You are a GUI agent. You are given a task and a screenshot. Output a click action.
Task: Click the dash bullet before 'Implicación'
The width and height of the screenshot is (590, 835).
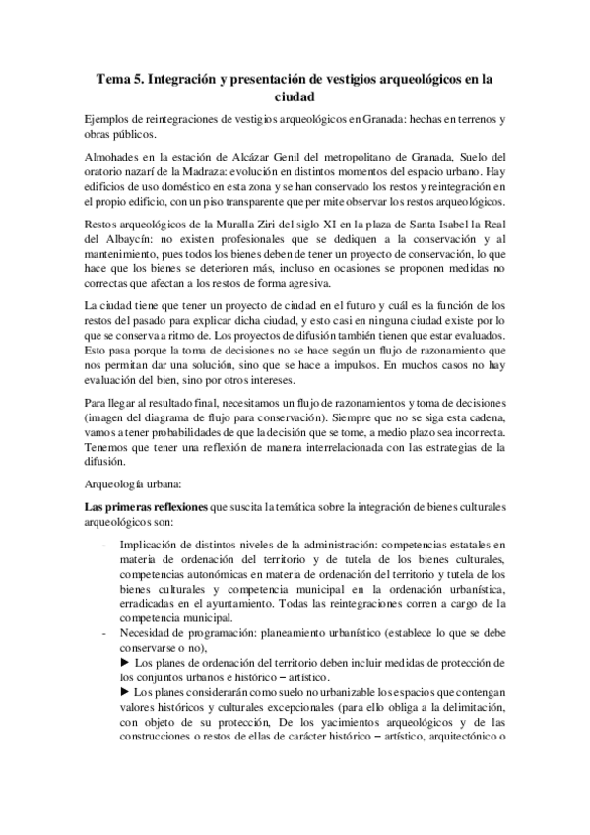tap(105, 541)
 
